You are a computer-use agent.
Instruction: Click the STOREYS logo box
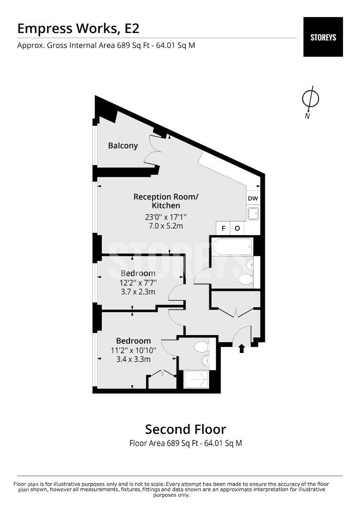click(x=323, y=37)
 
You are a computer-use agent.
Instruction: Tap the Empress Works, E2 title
click(x=78, y=29)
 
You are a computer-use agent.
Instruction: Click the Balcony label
click(x=123, y=146)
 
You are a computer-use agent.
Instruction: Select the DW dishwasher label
click(x=253, y=199)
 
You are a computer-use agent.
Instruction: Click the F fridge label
click(x=223, y=229)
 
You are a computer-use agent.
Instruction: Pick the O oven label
click(x=237, y=229)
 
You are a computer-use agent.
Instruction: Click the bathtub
click(x=232, y=247)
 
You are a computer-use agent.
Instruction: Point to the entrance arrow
click(x=242, y=349)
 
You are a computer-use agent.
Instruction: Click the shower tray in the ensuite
click(x=196, y=379)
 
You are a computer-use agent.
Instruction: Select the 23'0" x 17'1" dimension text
click(x=166, y=217)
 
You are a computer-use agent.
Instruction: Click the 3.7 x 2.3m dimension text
click(x=138, y=292)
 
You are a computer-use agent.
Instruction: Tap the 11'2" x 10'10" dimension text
click(x=133, y=350)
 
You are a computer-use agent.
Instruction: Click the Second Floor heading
click(x=185, y=429)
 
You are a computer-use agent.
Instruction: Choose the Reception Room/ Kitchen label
click(x=166, y=201)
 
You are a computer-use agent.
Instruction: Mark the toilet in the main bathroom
click(x=246, y=279)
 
